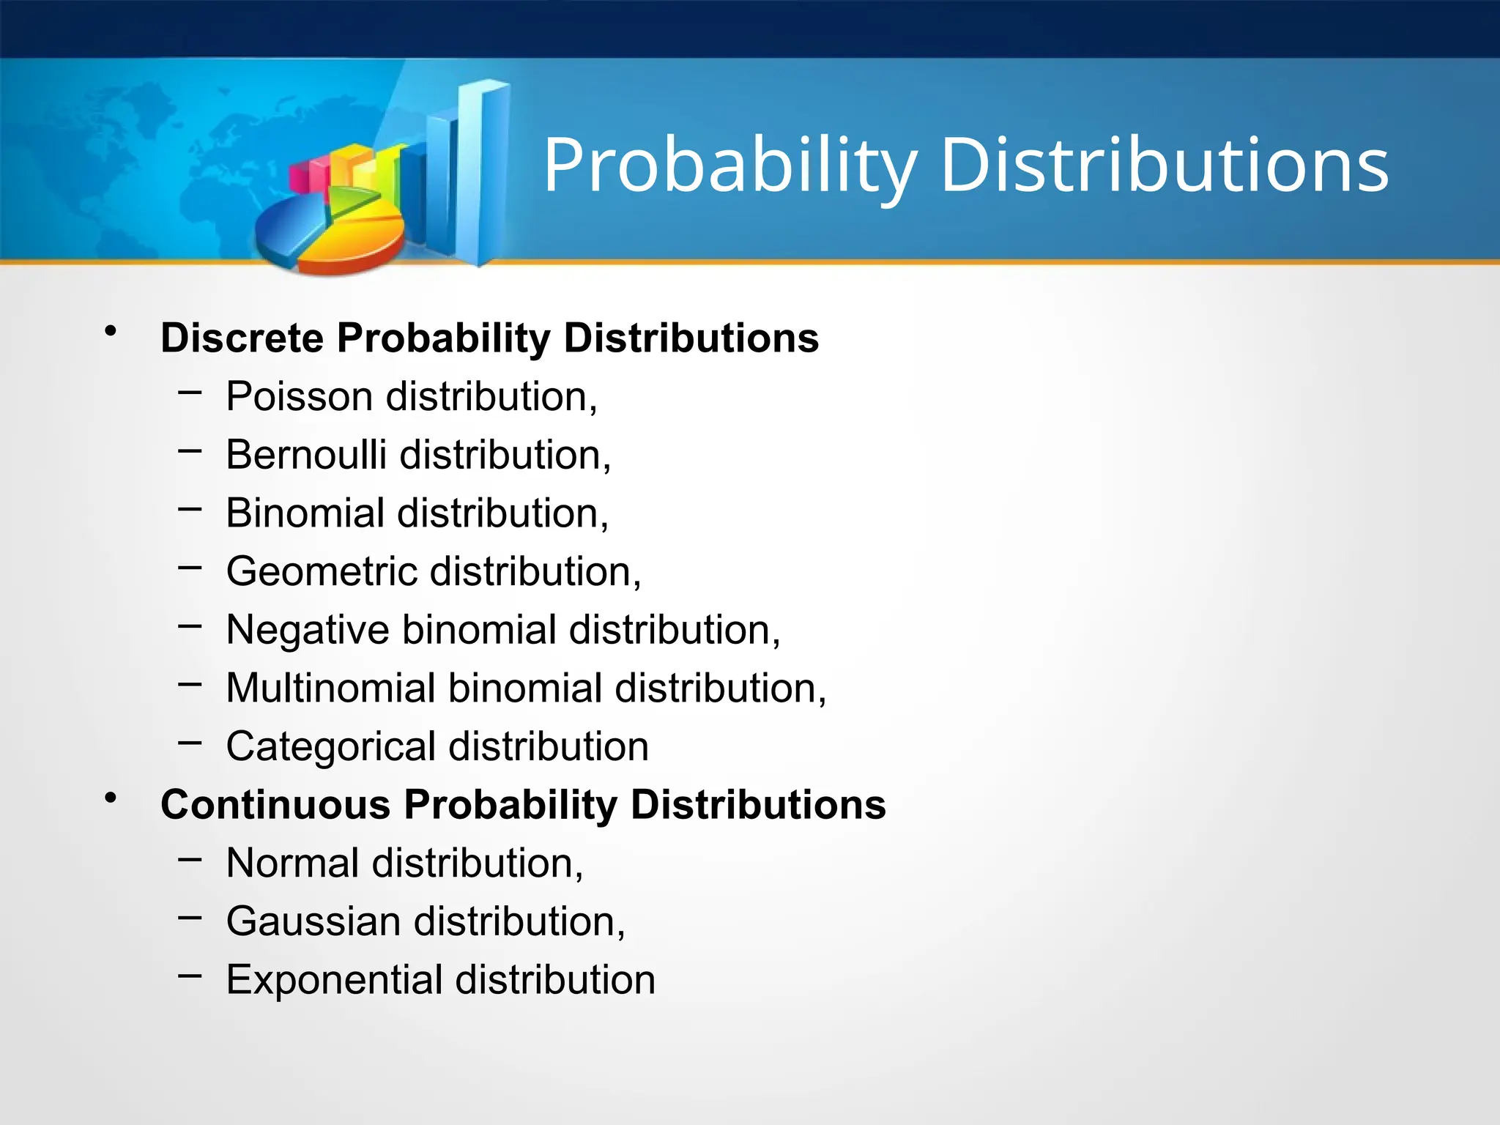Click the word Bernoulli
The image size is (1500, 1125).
pos(306,455)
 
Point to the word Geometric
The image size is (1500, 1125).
pos(322,571)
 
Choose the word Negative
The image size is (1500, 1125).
pos(308,630)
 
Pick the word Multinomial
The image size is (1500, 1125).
pos(331,688)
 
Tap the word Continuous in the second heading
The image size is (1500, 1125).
pos(276,805)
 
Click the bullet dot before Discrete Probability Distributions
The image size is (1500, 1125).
pos(111,332)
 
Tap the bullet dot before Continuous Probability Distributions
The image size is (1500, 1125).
pos(111,798)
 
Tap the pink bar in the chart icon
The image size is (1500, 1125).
pos(300,179)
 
